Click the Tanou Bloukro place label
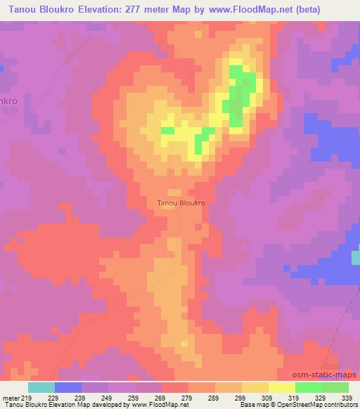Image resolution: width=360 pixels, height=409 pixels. point(181,202)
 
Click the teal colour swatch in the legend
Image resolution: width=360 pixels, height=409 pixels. point(41,388)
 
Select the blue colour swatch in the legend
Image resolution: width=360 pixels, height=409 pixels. point(68,388)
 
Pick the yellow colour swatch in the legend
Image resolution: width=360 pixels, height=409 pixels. point(282,388)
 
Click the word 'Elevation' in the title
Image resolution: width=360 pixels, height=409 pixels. point(112,10)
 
